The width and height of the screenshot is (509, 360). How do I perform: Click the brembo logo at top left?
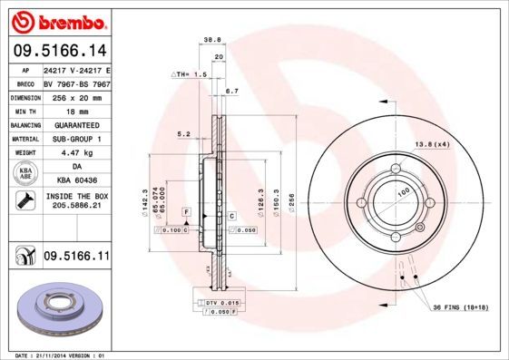pyautogui.click(x=58, y=20)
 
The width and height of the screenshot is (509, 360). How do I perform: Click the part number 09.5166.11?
pyautogui.click(x=76, y=258)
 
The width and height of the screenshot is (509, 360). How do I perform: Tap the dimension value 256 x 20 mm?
pyautogui.click(x=75, y=95)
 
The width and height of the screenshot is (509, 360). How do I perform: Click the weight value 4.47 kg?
pyautogui.click(x=75, y=153)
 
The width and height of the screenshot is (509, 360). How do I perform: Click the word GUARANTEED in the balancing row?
pyautogui.click(x=75, y=124)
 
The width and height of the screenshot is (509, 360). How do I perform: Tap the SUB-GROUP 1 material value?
pyautogui.click(x=75, y=139)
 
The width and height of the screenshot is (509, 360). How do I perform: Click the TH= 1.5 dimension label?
pyautogui.click(x=190, y=73)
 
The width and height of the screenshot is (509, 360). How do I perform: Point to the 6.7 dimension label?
pyautogui.click(x=231, y=92)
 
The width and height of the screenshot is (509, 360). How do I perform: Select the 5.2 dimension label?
pyautogui.click(x=183, y=134)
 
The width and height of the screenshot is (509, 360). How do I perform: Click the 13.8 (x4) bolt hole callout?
pyautogui.click(x=432, y=144)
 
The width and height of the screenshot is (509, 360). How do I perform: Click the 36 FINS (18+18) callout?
pyautogui.click(x=460, y=307)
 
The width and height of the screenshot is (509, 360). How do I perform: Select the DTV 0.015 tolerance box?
pyautogui.click(x=215, y=301)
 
